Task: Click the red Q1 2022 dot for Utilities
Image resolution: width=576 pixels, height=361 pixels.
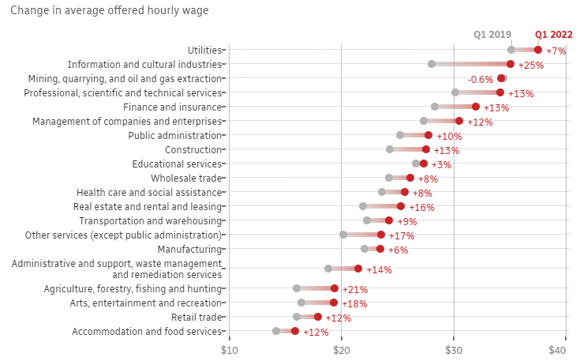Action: (x=538, y=50)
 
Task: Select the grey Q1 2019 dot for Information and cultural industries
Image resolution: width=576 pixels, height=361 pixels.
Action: (x=432, y=64)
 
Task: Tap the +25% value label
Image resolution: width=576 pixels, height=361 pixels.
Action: (x=531, y=66)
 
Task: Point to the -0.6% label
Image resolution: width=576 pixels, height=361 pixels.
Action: (x=481, y=80)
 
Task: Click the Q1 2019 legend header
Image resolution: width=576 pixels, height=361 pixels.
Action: (x=492, y=34)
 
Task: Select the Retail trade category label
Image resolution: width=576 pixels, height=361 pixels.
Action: (x=196, y=317)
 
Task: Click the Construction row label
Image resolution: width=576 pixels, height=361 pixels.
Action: (x=194, y=149)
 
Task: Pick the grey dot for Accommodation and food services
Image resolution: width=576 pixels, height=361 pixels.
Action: (x=276, y=331)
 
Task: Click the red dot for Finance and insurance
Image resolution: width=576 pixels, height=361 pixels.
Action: (x=475, y=107)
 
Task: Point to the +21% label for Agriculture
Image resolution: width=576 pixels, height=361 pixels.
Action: (x=355, y=290)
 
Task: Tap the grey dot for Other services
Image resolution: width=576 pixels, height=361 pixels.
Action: (x=343, y=235)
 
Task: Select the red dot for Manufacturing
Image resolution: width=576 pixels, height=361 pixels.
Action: (x=380, y=249)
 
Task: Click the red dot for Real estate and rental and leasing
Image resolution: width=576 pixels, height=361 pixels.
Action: (x=401, y=206)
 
